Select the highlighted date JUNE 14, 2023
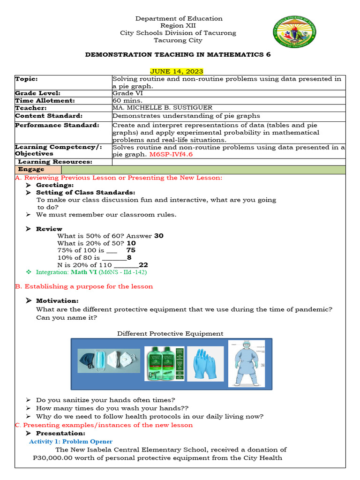[176, 71]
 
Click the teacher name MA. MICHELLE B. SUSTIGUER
[162, 108]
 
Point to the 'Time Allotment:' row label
[45, 100]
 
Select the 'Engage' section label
[31, 169]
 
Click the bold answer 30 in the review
[159, 236]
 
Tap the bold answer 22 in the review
[143, 265]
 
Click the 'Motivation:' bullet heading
[57, 300]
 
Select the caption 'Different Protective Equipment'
[170, 333]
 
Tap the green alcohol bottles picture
[164, 364]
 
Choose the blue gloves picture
[205, 364]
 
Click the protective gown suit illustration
[246, 363]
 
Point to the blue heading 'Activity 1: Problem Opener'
[71, 441]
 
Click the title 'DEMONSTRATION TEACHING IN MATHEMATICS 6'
[178, 54]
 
